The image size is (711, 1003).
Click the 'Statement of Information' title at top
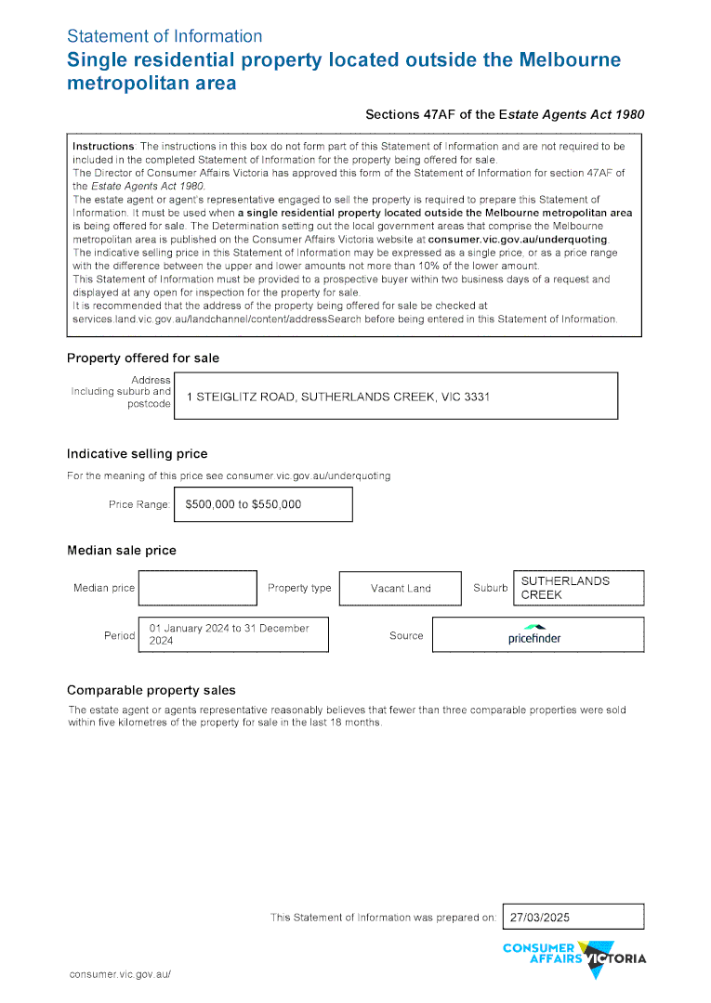pos(165,36)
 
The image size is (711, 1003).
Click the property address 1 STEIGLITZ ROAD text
pos(337,397)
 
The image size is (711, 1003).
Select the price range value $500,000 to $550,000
pos(244,504)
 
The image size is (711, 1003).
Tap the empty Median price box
pos(197,588)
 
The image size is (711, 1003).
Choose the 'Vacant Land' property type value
pos(401,588)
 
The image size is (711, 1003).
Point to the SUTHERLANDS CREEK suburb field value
pos(565,588)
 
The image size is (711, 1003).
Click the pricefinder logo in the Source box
pos(534,634)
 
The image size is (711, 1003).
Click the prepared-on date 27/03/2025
pos(540,917)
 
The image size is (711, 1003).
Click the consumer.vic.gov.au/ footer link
pos(121,974)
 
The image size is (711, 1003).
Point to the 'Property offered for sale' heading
pos(143,358)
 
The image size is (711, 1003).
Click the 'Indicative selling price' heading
pos(137,454)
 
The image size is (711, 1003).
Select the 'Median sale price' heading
pos(121,551)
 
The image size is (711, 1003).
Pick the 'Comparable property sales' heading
pos(151,690)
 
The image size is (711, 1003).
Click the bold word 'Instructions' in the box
pos(103,147)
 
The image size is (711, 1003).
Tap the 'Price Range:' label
pos(139,505)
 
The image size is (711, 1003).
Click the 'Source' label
pos(406,636)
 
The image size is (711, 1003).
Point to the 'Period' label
pos(119,636)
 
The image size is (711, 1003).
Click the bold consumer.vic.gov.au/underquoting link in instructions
pos(517,240)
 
